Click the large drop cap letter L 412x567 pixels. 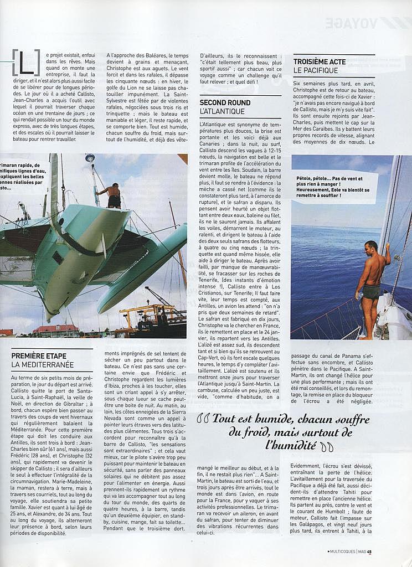(x=26, y=62)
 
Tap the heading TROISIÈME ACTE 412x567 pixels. (x=320, y=62)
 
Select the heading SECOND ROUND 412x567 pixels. (x=225, y=103)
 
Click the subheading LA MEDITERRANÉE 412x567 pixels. (x=43, y=365)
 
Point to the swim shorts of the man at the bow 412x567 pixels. (x=372, y=292)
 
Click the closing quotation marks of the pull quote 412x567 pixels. (x=327, y=446)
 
